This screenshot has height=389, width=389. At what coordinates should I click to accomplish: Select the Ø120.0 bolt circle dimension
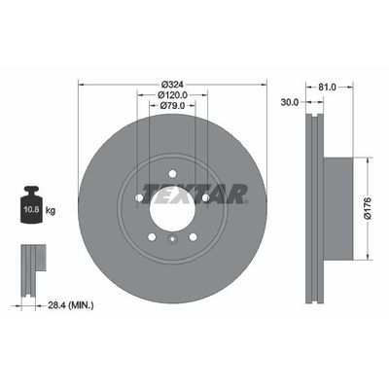(x=171, y=95)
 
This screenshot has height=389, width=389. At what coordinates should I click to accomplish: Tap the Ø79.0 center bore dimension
(x=171, y=107)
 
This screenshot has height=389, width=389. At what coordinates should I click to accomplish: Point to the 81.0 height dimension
(x=327, y=86)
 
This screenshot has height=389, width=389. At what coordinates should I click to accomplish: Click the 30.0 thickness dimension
(x=290, y=100)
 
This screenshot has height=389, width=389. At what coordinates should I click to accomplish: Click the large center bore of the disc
(x=171, y=207)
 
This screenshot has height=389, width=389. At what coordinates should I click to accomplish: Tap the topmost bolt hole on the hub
(x=171, y=174)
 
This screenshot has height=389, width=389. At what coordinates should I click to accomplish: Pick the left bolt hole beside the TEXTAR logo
(x=139, y=197)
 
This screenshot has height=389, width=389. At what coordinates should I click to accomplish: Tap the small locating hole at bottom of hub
(x=171, y=243)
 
